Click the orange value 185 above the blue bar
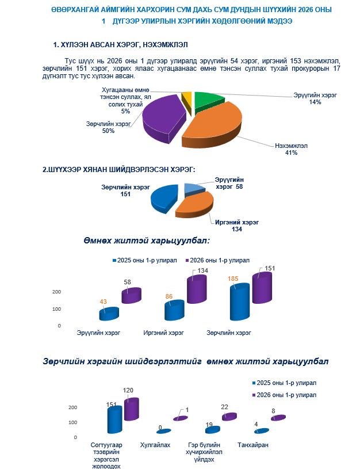(232, 279)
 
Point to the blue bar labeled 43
(109, 314)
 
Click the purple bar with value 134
(196, 289)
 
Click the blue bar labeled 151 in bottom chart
(114, 420)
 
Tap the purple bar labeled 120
(131, 408)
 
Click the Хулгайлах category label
(155, 445)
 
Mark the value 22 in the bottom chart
(224, 407)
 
